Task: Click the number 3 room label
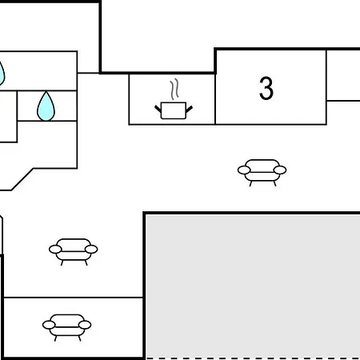click(x=266, y=88)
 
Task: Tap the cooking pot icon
click(x=174, y=110)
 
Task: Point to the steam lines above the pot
click(x=174, y=89)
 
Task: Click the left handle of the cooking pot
click(x=158, y=109)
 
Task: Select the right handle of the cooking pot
click(x=189, y=109)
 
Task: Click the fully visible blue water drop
click(x=46, y=106)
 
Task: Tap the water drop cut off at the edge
click(x=2, y=74)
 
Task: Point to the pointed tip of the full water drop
click(x=46, y=92)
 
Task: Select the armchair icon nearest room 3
click(x=262, y=173)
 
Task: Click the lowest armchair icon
click(x=66, y=327)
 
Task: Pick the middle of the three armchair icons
click(x=73, y=252)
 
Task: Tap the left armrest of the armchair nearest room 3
click(x=244, y=170)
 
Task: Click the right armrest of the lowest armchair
click(x=85, y=325)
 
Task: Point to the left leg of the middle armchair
click(x=62, y=263)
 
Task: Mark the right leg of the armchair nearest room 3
click(x=274, y=184)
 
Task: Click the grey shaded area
click(x=252, y=286)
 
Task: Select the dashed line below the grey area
click(x=253, y=358)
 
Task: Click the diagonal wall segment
click(x=22, y=179)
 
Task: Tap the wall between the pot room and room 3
click(x=215, y=99)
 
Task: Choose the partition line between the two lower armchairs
click(x=74, y=297)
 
